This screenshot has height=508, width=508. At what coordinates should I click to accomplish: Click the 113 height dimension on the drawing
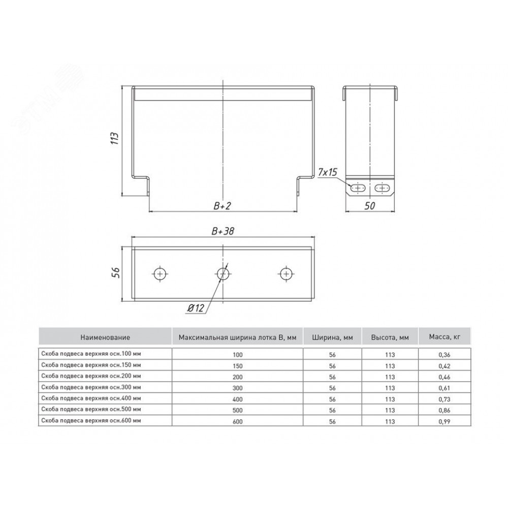click(115, 138)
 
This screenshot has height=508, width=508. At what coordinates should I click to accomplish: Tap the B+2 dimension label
click(222, 206)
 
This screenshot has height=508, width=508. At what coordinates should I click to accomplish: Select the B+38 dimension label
click(223, 231)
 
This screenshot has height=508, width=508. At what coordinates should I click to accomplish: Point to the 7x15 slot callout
click(327, 173)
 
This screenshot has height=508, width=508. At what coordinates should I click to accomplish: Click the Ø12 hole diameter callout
click(196, 308)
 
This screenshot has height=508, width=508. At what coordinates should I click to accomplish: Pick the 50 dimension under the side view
click(370, 206)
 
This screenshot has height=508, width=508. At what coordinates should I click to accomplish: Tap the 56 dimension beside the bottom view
click(116, 272)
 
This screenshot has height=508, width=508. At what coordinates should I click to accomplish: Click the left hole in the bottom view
click(160, 274)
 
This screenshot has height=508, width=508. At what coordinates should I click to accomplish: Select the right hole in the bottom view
click(285, 274)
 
